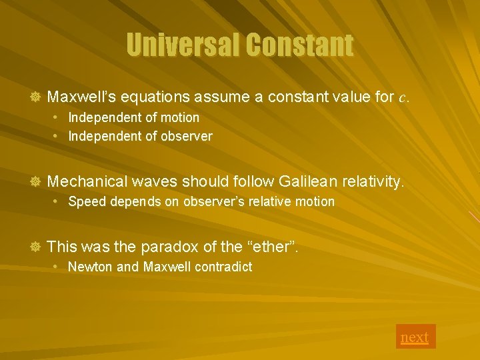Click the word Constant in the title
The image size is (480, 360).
click(299, 45)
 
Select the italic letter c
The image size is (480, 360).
click(402, 97)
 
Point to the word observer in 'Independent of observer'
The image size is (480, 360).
click(188, 137)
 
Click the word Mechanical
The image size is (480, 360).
click(87, 181)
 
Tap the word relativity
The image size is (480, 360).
click(373, 181)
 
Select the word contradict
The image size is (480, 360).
click(223, 267)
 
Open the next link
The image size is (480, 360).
click(415, 337)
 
